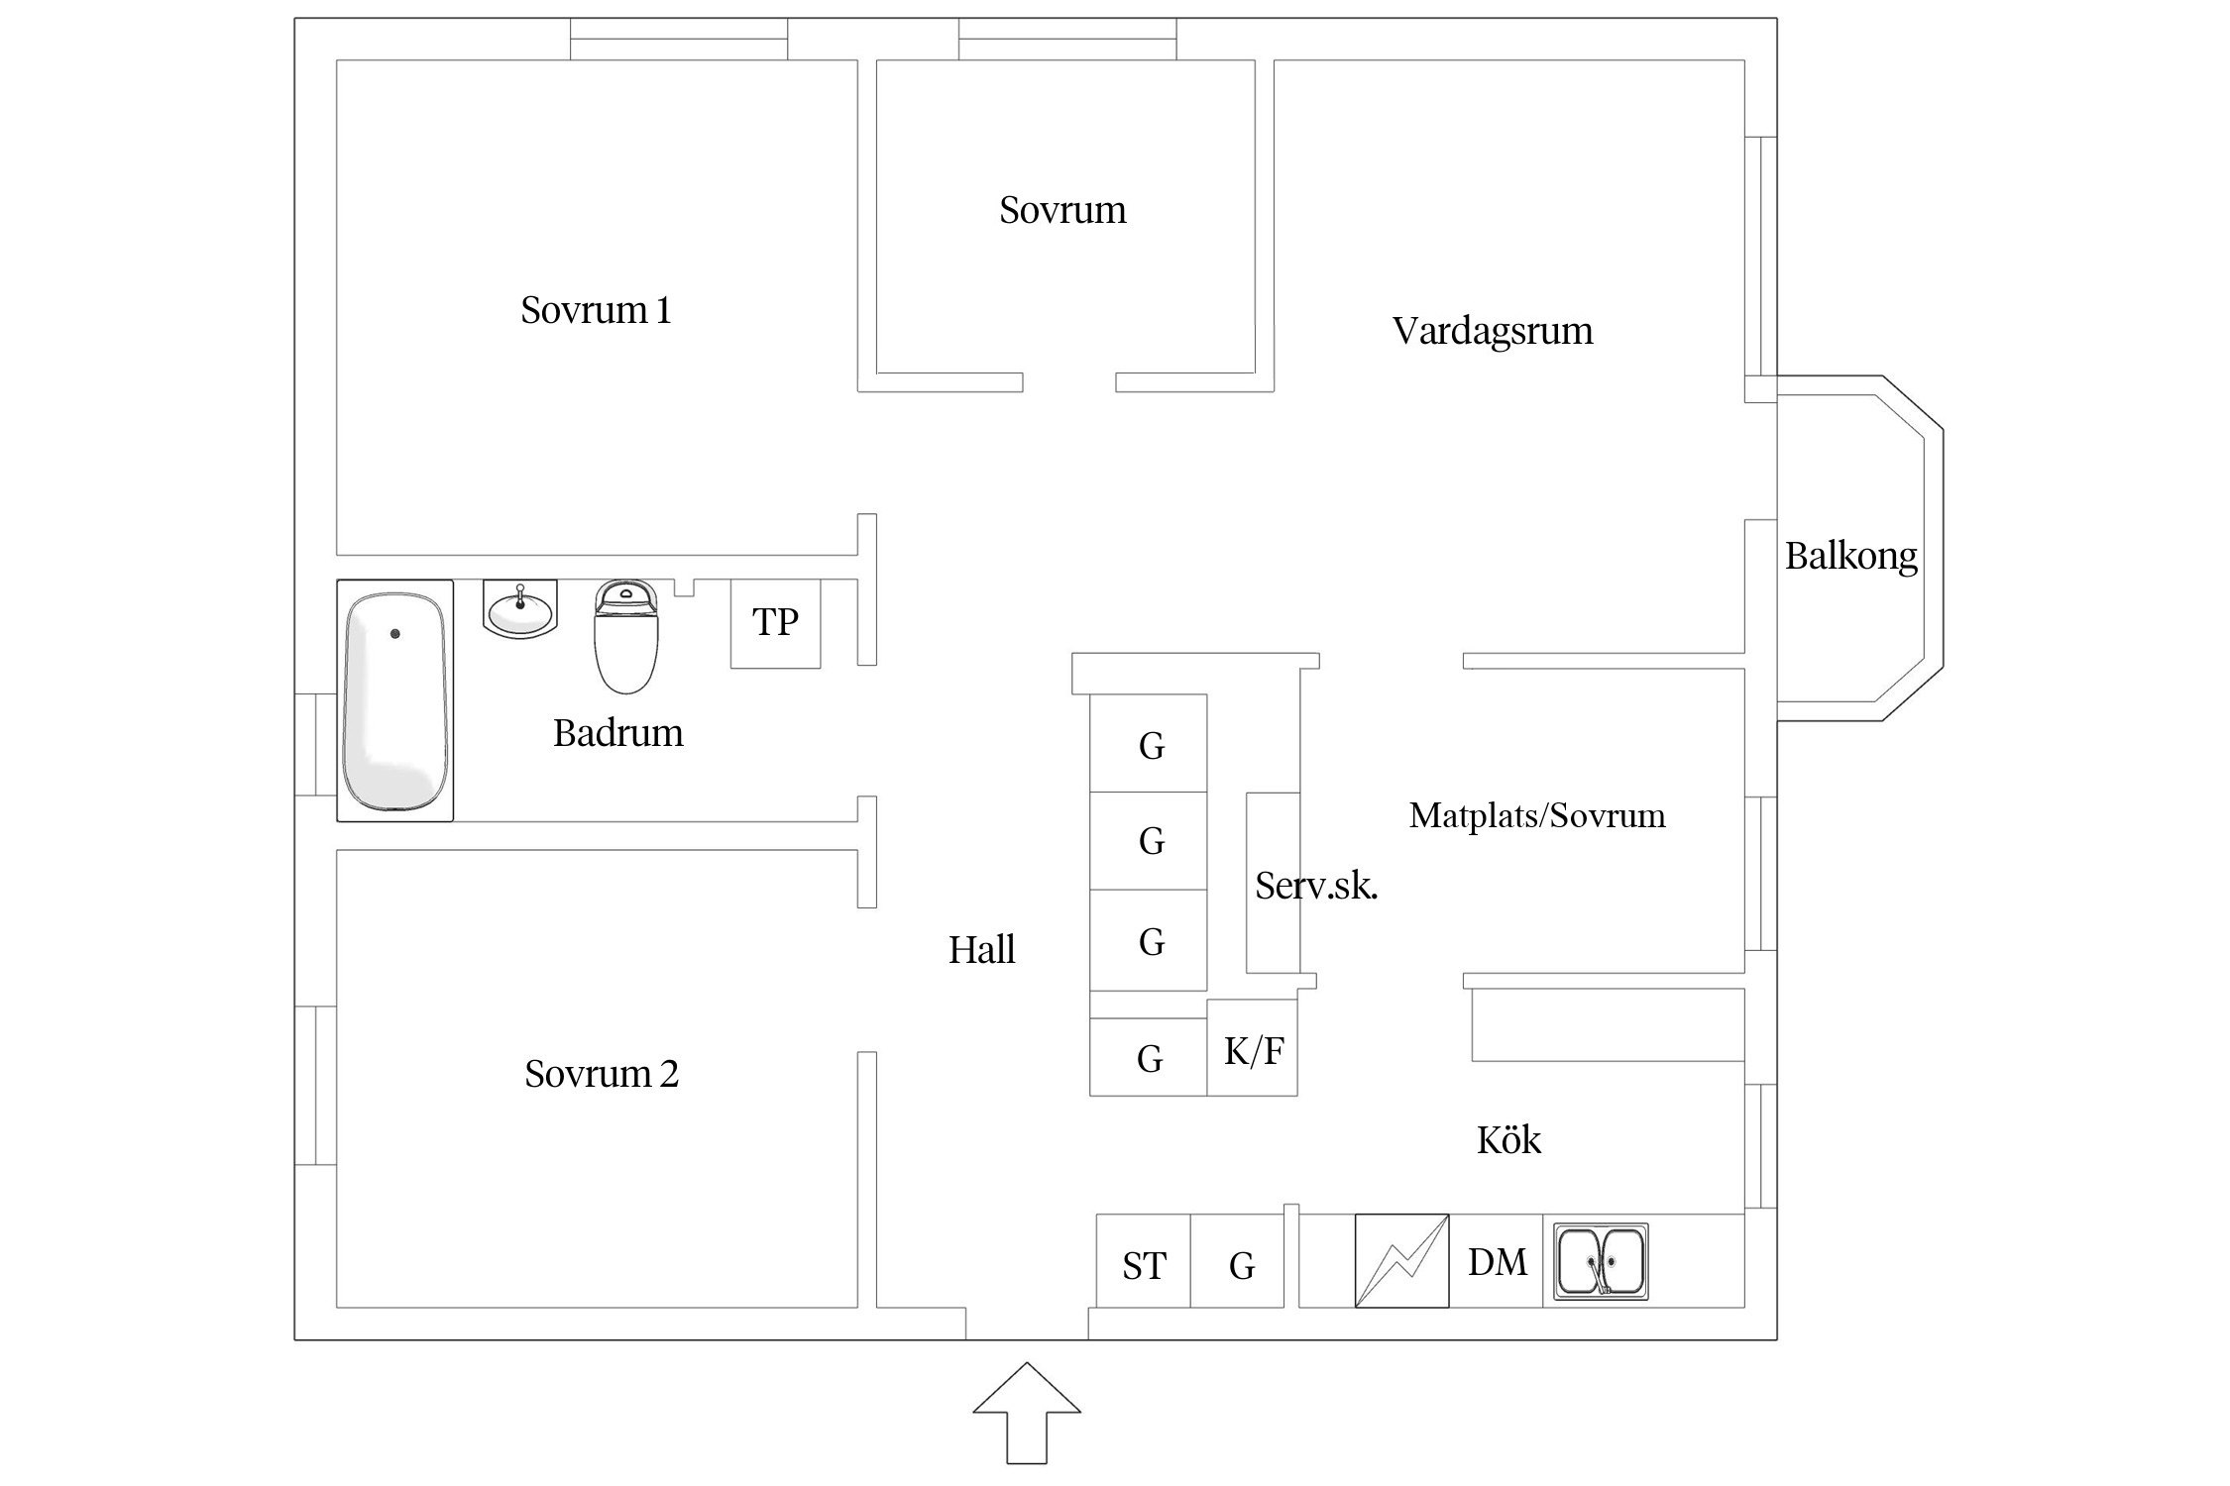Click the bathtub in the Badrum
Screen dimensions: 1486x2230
[394, 700]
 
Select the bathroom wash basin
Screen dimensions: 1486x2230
[520, 610]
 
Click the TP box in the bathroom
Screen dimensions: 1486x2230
[775, 623]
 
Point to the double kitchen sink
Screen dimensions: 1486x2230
[1600, 1261]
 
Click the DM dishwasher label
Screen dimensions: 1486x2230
[1497, 1262]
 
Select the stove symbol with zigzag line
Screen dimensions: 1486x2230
[1401, 1260]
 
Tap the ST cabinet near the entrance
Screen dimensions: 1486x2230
[1144, 1265]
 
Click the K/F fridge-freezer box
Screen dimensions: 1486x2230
[1253, 1050]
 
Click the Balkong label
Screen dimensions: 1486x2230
[1850, 556]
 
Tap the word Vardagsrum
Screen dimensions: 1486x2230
[1492, 331]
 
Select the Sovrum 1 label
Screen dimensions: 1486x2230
[596, 310]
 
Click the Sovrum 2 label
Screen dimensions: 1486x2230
[601, 1074]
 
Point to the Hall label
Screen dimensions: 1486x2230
[981, 950]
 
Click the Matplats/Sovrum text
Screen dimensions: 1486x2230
[1536, 815]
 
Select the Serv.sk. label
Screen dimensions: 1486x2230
[1315, 886]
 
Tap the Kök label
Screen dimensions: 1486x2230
[1508, 1140]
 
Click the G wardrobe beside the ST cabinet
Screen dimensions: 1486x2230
[1241, 1265]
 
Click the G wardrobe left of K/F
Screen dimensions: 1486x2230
[1149, 1058]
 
